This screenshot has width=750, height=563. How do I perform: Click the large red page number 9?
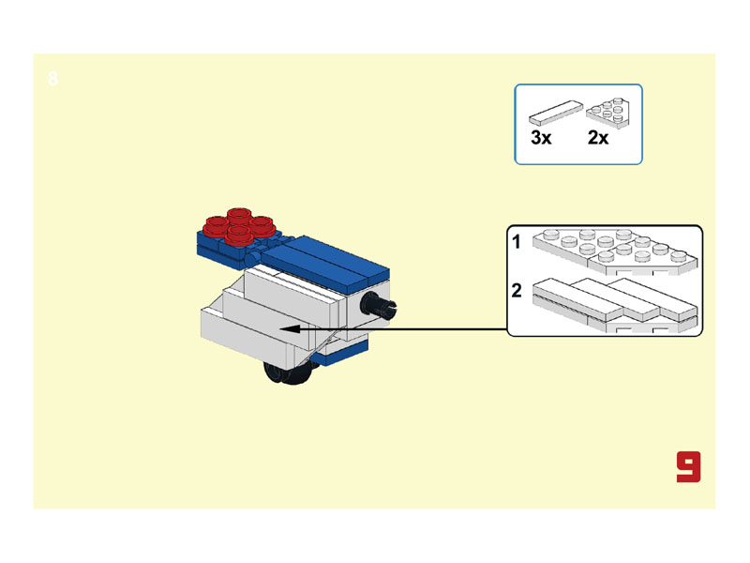pos(688,466)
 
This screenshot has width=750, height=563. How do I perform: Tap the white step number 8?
pos(53,79)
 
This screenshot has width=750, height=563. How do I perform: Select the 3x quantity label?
pos(541,138)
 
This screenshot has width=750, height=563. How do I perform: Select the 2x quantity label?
pos(598,138)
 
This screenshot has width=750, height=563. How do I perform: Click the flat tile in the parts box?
pos(556,113)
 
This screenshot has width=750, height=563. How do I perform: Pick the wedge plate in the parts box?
pos(608,114)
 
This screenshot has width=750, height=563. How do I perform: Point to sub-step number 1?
pos(517,242)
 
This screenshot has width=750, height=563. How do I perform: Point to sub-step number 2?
pos(517,291)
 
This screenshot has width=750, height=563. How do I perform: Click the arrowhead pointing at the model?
pos(290,329)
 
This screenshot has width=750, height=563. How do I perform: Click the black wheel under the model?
pos(291,373)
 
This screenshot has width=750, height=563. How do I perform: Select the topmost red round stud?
pos(239,216)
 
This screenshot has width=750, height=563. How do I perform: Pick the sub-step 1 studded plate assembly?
pos(616,251)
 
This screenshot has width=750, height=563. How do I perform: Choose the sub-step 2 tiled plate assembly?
pos(615,304)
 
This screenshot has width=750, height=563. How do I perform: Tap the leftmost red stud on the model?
pos(217,226)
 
